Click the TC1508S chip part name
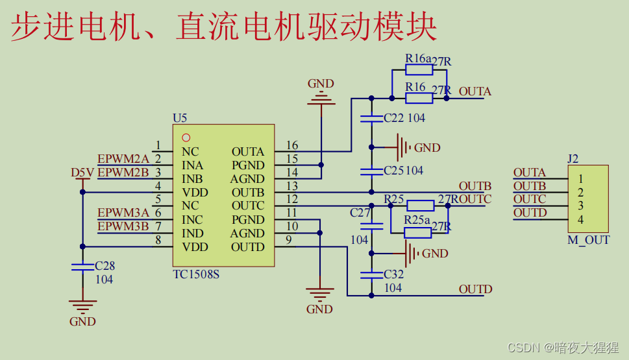pyautogui.click(x=196, y=274)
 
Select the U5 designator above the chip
pyautogui.click(x=180, y=118)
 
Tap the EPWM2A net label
pyautogui.click(x=123, y=159)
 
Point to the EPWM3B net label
pyautogui.click(x=123, y=226)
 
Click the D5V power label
pyautogui.click(x=82, y=173)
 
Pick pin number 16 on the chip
pyautogui.click(x=291, y=146)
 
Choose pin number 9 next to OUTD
pyautogui.click(x=288, y=241)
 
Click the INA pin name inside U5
pyautogui.click(x=192, y=165)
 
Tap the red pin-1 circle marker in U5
pyautogui.click(x=186, y=138)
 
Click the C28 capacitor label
pyautogui.click(x=105, y=266)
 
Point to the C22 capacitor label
pyautogui.click(x=393, y=118)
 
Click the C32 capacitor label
pyautogui.click(x=393, y=274)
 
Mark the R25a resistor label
pyautogui.click(x=417, y=219)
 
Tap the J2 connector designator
pyautogui.click(x=573, y=158)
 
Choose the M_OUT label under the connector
pyautogui.click(x=588, y=240)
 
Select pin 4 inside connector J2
pyautogui.click(x=580, y=220)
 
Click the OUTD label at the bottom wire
pyautogui.click(x=475, y=289)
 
